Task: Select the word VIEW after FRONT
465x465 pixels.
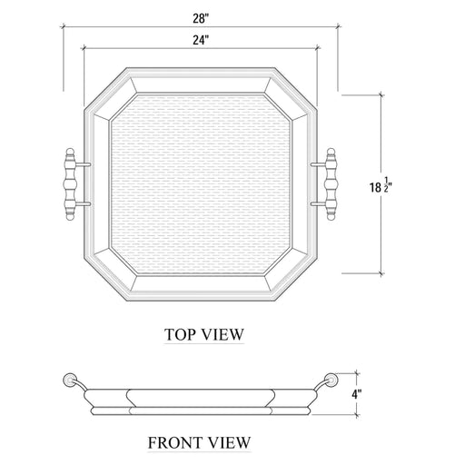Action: coord(229,442)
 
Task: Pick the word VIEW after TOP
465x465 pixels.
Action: coord(224,335)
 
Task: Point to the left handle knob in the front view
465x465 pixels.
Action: coord(67,379)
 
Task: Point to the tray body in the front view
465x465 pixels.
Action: coord(201,400)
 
